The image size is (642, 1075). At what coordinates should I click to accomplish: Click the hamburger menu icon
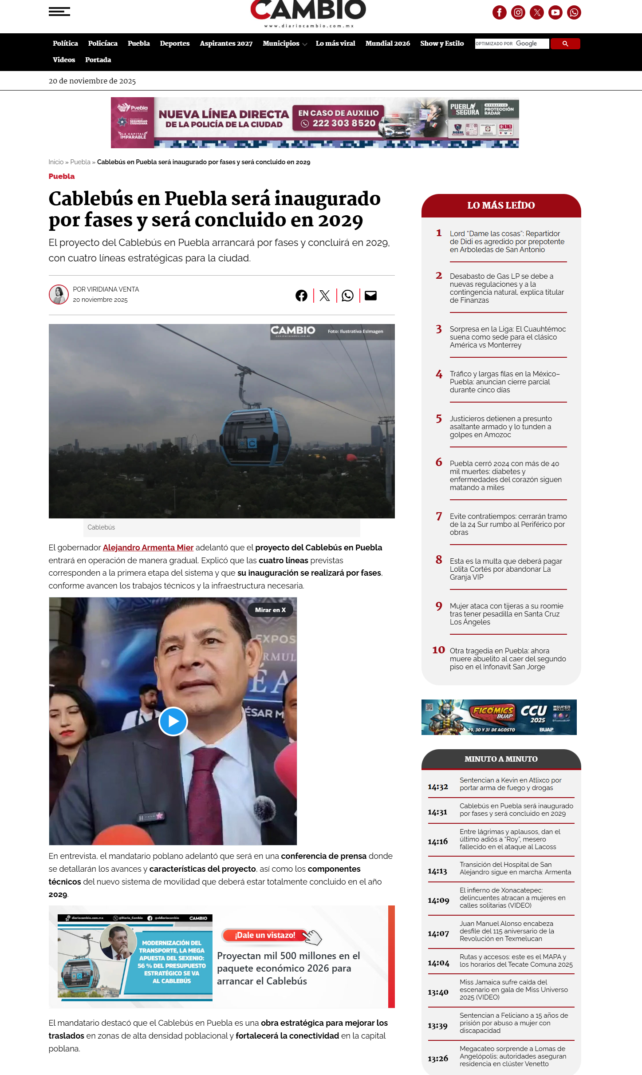(x=59, y=12)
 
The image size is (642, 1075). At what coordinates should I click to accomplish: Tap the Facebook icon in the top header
(x=499, y=12)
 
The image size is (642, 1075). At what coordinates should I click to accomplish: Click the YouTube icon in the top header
(x=555, y=12)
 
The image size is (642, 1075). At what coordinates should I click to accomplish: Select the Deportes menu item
(x=174, y=43)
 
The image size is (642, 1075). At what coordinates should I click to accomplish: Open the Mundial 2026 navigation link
(x=387, y=43)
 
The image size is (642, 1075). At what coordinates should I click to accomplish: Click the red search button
(x=565, y=43)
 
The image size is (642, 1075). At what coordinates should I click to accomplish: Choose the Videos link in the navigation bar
(x=64, y=60)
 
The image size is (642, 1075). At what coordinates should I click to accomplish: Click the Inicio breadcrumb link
(x=56, y=162)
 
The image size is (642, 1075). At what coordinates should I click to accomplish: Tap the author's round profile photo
(x=59, y=295)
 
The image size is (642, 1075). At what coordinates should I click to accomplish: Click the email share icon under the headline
(x=370, y=296)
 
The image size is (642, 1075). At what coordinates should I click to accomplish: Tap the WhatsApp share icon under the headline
(x=347, y=296)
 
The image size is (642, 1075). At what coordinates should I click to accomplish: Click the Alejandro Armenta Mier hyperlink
(x=148, y=548)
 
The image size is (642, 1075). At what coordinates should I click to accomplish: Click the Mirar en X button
(x=270, y=610)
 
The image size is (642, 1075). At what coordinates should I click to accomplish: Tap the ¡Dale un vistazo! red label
(x=265, y=935)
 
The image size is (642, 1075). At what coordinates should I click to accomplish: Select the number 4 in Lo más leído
(x=439, y=374)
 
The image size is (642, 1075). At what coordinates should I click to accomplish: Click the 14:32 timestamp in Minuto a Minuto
(x=437, y=787)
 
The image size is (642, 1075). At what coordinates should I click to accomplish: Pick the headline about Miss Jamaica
(x=513, y=989)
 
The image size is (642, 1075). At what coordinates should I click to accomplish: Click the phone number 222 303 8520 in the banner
(x=344, y=123)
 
